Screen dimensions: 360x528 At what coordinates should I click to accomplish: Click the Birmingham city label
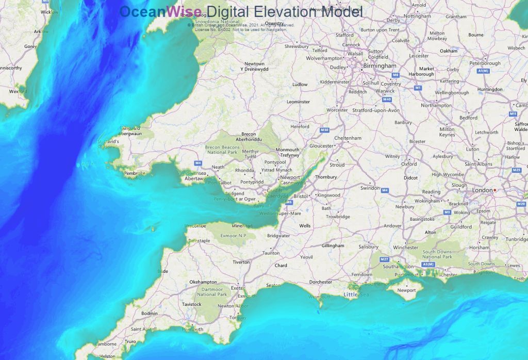click(x=379, y=66)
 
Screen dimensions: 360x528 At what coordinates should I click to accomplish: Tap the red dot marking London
click(x=495, y=190)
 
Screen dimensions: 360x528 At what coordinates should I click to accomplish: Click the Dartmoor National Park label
click(x=212, y=291)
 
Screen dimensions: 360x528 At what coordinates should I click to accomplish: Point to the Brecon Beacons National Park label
click(x=222, y=150)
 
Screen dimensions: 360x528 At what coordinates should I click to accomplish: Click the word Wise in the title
click(x=184, y=11)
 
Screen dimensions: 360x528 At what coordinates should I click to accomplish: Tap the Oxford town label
click(x=409, y=164)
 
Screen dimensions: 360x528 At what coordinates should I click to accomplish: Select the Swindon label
click(x=370, y=188)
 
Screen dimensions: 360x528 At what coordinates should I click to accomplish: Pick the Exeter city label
click(x=238, y=288)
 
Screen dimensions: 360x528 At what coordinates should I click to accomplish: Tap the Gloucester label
click(x=322, y=146)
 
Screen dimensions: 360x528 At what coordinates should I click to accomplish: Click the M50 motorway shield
click(x=324, y=130)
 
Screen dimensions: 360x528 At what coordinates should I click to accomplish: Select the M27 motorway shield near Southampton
click(x=384, y=259)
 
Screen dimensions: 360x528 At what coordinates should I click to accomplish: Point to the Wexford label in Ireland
click(x=18, y=91)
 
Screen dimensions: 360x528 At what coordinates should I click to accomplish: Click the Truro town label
click(x=130, y=341)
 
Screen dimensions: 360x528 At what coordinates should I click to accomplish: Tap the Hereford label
click(x=300, y=126)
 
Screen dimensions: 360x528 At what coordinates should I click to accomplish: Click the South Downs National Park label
click(x=437, y=254)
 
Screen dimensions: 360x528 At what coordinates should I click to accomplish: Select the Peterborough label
click(x=485, y=63)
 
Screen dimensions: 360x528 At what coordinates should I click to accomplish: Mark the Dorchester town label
click(x=321, y=282)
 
